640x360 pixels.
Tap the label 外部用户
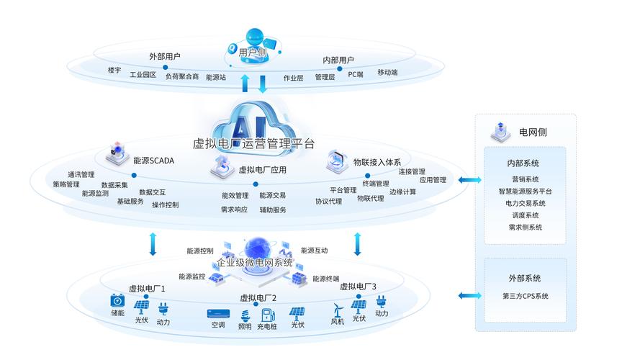coord(165,56)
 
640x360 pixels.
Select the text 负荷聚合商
coord(182,76)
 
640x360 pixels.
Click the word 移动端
coord(387,73)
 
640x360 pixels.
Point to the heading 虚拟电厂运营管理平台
coord(254,143)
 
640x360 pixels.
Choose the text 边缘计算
coord(402,192)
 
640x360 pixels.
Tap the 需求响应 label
coord(234,210)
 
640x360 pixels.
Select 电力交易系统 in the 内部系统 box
coord(526,203)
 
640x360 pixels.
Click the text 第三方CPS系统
coord(526,296)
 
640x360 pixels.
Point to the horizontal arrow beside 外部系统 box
coord(470,295)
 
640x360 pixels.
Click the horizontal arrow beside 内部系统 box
coord(470,180)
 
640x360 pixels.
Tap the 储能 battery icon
coord(117,301)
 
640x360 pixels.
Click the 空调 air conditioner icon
coord(218,314)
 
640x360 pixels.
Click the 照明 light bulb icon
coord(245,314)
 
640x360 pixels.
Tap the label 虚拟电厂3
coord(358,286)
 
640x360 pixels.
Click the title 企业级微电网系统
coord(255,263)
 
